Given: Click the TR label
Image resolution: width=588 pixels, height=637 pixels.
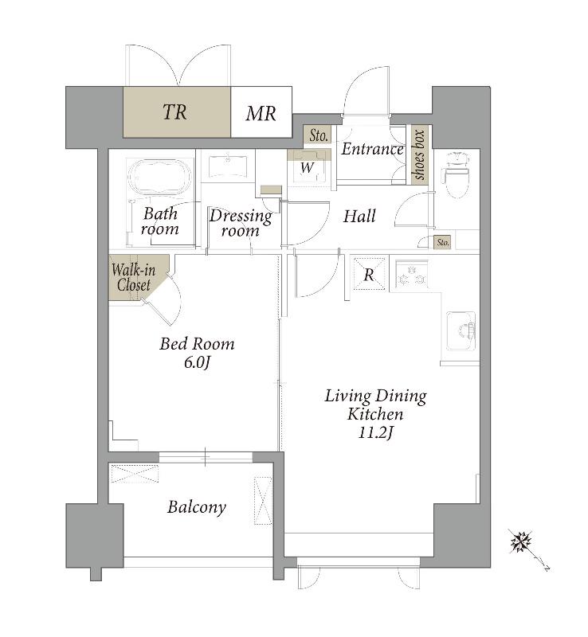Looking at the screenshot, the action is pos(175,111).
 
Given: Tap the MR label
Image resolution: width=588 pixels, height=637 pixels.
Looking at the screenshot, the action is pos(261,113).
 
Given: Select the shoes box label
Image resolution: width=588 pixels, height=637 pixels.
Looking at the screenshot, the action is pos(419,154).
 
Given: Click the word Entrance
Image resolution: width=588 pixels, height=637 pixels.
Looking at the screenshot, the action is pos(372,149).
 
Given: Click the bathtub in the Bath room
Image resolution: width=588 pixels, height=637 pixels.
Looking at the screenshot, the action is pos(159,178).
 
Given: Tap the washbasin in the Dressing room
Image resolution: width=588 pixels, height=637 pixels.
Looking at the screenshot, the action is pos(228,166).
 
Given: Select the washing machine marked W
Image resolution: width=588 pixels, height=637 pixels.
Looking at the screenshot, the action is pos(308,168).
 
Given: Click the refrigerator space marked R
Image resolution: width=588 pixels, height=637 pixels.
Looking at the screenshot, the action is pos(369,274).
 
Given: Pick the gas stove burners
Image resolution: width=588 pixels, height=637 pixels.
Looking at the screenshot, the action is pos(412,274).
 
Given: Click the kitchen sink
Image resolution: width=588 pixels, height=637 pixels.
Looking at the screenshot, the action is pos(461,330).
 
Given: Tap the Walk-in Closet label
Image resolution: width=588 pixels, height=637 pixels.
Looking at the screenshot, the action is pos(133,277).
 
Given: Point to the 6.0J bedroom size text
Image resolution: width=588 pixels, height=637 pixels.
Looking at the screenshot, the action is pos(197,362).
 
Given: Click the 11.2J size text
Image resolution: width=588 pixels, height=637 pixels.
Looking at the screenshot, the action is pos(376,433).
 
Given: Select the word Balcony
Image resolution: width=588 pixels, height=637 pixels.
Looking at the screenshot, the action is pos(197,507).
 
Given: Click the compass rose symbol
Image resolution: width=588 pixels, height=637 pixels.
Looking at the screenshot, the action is pos(521,542).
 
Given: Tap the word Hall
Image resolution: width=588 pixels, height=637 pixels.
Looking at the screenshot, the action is pos(359,216).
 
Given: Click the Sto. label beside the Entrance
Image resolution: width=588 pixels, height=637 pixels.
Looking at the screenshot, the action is pos(319,135).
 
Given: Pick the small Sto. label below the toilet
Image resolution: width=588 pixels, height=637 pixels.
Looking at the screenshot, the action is pos(443,243).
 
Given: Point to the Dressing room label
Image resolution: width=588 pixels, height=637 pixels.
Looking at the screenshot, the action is pos(241,223).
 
